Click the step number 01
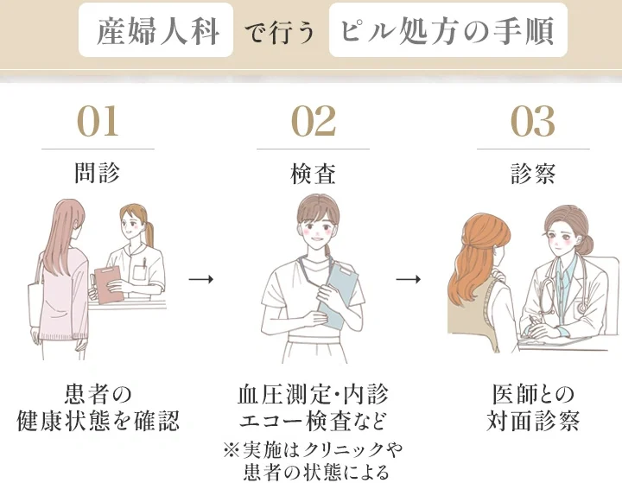[98, 121]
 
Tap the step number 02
[314, 121]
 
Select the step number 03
[532, 121]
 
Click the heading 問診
[98, 174]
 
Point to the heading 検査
[314, 174]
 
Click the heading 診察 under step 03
[533, 174]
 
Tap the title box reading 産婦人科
[155, 30]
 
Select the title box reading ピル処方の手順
[447, 30]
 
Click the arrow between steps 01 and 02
[201, 279]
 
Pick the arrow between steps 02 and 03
[408, 279]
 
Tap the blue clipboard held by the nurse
[337, 296]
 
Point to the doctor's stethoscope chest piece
[582, 308]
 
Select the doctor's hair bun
[587, 245]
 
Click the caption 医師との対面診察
[533, 407]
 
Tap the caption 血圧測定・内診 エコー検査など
[314, 407]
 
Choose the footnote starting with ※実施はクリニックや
[314, 461]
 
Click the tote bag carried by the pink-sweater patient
[35, 303]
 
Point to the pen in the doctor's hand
[531, 322]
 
